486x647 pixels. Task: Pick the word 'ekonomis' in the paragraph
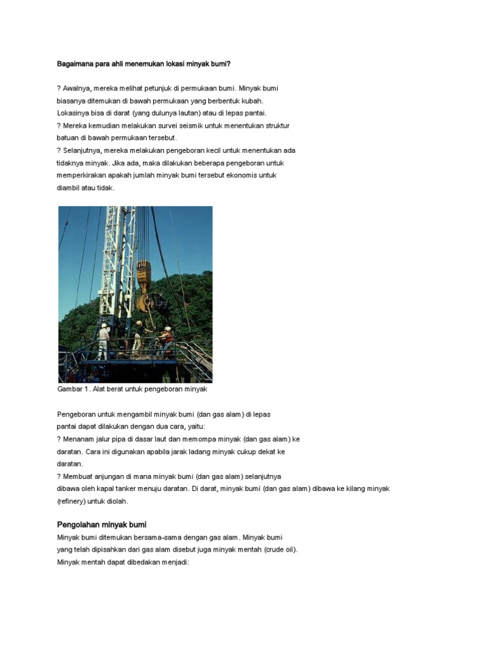(244, 175)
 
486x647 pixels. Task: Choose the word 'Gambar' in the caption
(70, 389)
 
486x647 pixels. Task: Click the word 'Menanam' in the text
(80, 438)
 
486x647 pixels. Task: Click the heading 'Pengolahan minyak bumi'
(102, 525)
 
